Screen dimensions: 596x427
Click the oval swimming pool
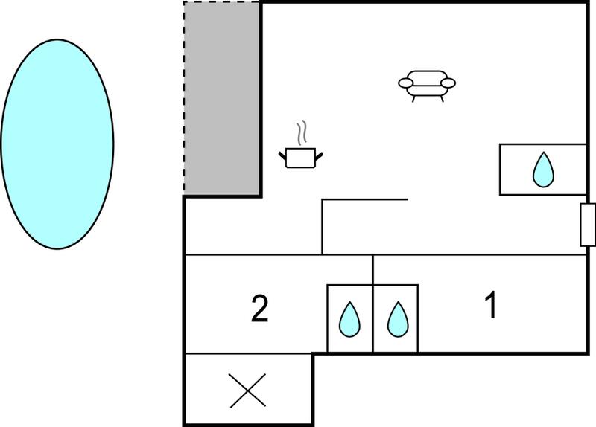pos(57,144)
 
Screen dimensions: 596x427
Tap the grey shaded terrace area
pos(222,98)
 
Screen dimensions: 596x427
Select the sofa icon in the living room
pos(427,86)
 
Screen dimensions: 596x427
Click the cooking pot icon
pos(301,158)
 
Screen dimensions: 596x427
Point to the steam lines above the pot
pos(302,133)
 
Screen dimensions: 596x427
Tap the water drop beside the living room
pos(543,170)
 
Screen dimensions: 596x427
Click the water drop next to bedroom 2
pos(349,319)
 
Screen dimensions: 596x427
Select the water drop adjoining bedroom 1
pos(398,319)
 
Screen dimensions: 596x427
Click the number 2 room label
pos(260,309)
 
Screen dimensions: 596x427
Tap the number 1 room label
pos(491,305)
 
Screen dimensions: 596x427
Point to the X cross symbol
pos(248,391)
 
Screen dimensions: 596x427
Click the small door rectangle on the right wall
pos(588,225)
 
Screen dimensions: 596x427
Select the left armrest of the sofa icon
pos(406,83)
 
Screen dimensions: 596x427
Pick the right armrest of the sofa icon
pos(448,83)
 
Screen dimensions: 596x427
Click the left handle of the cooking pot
pos(282,155)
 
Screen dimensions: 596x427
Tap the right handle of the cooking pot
pos(319,155)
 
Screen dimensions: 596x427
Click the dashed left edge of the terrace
pos(184,98)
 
